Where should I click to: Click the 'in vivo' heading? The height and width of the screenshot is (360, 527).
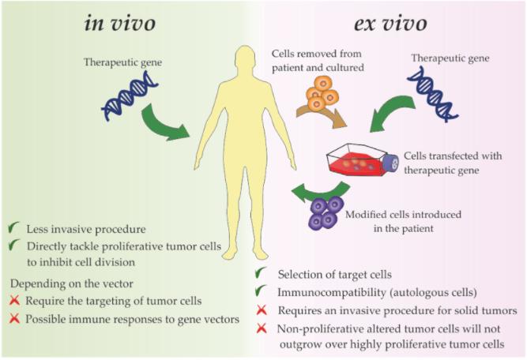[120, 24]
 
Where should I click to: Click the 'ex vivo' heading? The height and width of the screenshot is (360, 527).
[390, 24]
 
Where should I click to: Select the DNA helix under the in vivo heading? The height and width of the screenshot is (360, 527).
[130, 96]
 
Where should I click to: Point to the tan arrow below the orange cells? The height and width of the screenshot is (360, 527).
[322, 116]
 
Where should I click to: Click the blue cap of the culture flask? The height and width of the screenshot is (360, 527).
[392, 163]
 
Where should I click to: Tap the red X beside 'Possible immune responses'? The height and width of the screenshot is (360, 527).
[15, 318]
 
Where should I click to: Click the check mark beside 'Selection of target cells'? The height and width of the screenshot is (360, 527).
[261, 272]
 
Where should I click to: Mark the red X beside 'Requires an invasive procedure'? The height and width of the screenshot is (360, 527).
[262, 310]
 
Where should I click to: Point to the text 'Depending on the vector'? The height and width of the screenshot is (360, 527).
[72, 283]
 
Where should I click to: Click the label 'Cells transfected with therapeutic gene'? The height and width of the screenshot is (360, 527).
[453, 163]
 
